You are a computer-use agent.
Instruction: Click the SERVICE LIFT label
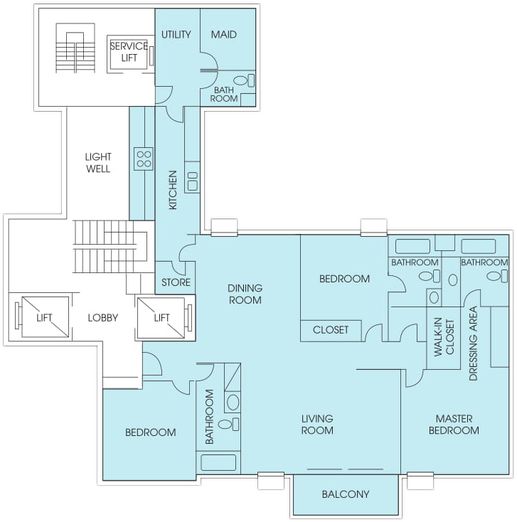tap(129, 52)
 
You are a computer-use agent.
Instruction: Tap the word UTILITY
tap(176, 34)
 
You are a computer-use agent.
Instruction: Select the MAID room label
tap(224, 34)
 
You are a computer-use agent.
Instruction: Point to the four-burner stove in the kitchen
tap(144, 159)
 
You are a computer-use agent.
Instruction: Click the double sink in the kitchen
tap(193, 181)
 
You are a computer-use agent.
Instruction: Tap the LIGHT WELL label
tap(98, 162)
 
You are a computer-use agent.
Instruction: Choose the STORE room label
tap(176, 282)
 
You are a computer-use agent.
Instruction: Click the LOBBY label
tap(103, 318)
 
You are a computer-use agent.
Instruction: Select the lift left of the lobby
tap(45, 317)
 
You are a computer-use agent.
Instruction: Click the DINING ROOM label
tap(245, 294)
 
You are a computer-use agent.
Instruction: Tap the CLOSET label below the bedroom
tap(331, 329)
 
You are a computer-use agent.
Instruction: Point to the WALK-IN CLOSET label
tap(444, 337)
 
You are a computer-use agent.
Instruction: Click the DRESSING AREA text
tap(473, 343)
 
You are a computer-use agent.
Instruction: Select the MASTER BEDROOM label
tap(454, 424)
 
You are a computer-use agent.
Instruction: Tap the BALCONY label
tap(346, 494)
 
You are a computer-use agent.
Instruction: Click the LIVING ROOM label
tap(317, 424)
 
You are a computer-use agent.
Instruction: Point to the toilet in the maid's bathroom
tap(244, 80)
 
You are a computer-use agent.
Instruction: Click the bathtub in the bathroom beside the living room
tap(218, 462)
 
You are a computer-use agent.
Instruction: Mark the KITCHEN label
tap(173, 190)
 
